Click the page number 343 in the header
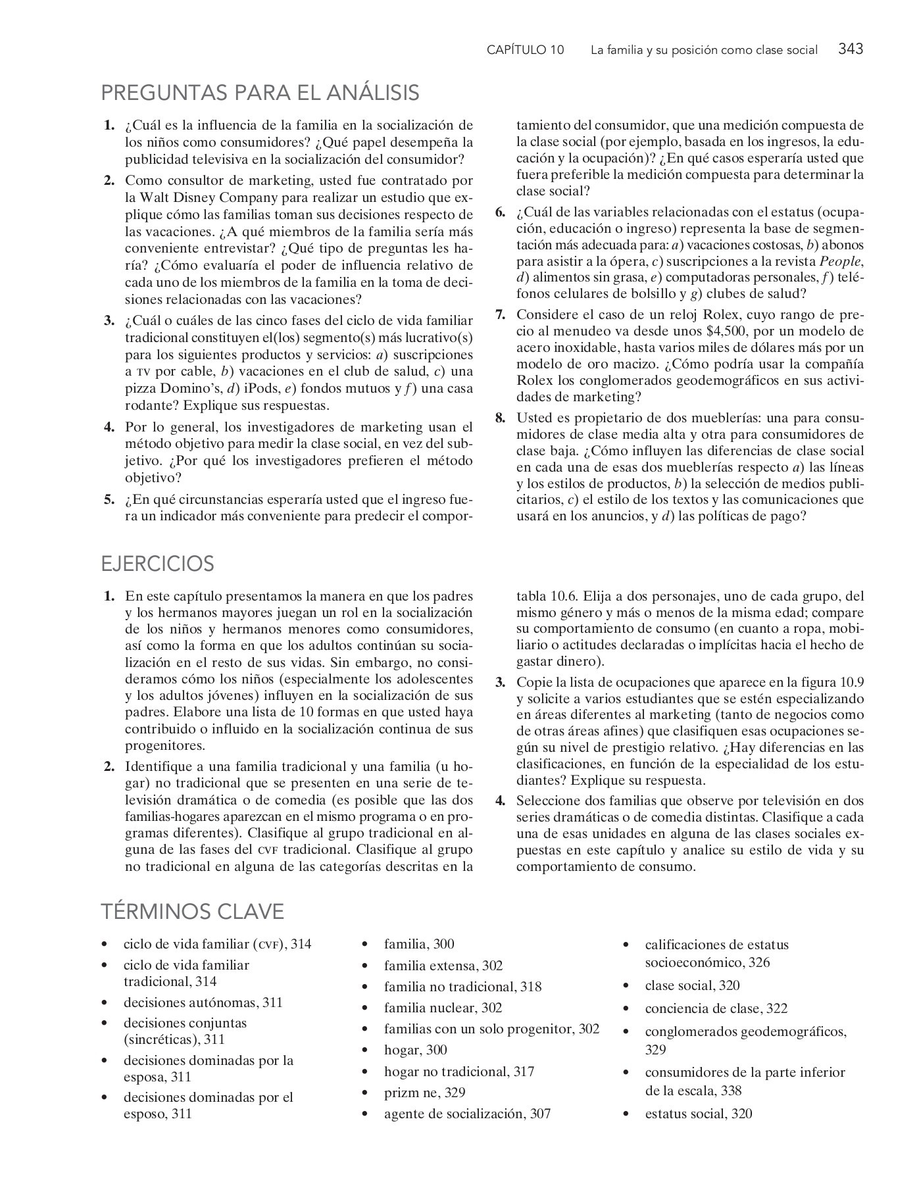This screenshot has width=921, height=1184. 851,49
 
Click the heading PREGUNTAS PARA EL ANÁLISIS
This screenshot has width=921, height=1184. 260,93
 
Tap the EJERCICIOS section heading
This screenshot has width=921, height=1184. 158,564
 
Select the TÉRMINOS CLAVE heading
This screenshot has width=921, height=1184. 192,912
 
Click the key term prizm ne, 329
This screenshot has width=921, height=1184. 424,1093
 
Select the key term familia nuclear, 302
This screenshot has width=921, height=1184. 443,1008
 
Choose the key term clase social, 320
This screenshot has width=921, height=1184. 692,985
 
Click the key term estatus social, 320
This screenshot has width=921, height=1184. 698,1114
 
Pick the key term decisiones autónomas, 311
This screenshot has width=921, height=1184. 203,1002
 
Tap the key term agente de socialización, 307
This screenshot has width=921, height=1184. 467,1114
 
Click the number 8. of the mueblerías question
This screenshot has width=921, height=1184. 501,418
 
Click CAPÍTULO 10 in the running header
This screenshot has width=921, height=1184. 525,50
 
